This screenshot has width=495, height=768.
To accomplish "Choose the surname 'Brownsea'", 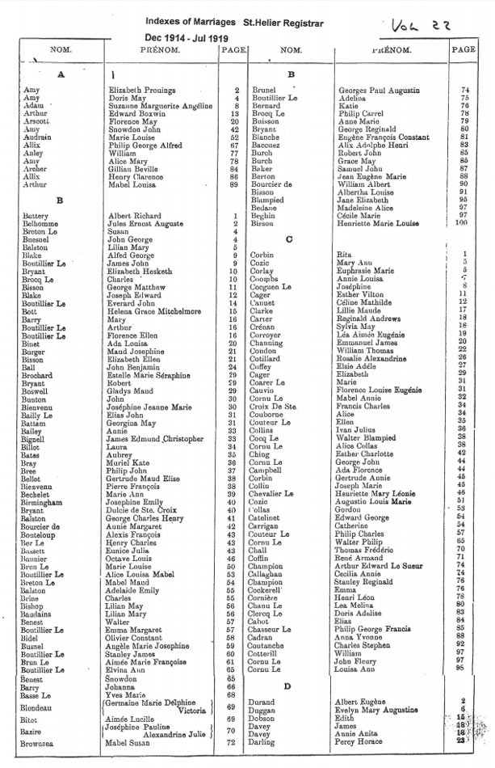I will [42, 741].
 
